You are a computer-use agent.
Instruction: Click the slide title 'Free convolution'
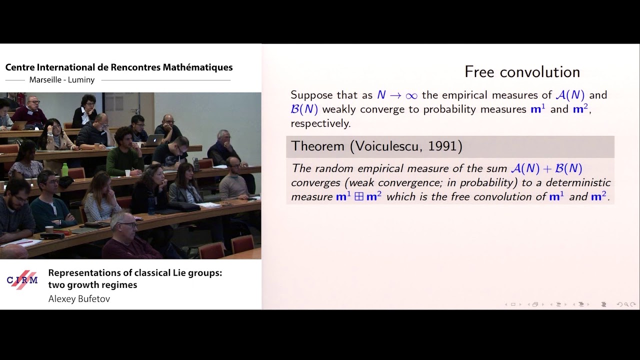pyautogui.click(x=522, y=72)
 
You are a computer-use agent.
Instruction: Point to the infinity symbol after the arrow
pyautogui.click(x=411, y=95)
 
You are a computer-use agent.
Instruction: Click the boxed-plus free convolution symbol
pyautogui.click(x=358, y=197)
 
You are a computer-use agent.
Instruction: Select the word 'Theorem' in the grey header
pyautogui.click(x=317, y=146)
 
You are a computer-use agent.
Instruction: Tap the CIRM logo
pyautogui.click(x=22, y=280)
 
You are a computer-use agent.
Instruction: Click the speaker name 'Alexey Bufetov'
pyautogui.click(x=79, y=299)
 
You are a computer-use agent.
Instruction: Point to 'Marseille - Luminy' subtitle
pyautogui.click(x=62, y=80)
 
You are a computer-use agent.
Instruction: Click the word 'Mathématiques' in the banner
pyautogui.click(x=197, y=67)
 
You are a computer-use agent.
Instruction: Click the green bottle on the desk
pyautogui.click(x=64, y=169)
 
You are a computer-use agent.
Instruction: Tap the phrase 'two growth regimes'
pyautogui.click(x=92, y=285)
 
